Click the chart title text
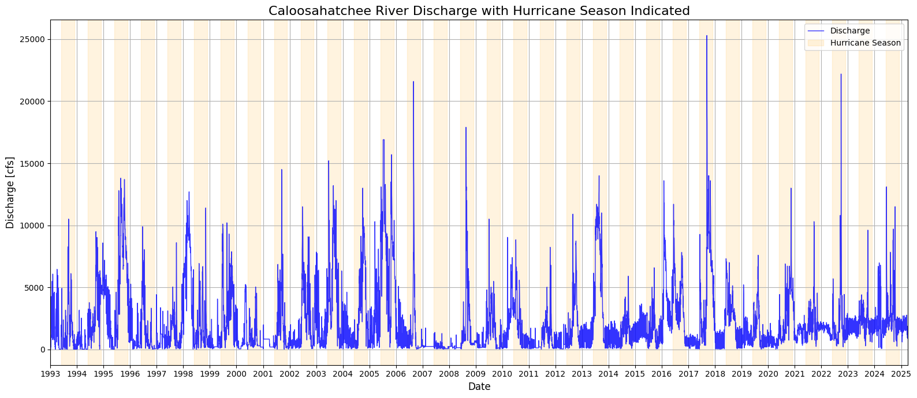tap(479, 11)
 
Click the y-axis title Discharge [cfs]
tap(10, 192)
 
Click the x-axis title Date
tap(479, 386)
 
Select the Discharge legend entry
tap(849, 31)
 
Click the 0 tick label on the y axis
tap(43, 350)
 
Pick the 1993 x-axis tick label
tap(50, 374)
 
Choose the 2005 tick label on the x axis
tap(370, 374)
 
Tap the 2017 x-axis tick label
tap(688, 374)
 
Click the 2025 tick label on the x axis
tap(901, 374)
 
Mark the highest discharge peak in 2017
tap(706, 36)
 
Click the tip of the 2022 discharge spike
tap(841, 74)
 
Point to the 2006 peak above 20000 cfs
tap(413, 82)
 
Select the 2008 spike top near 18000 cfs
tap(466, 127)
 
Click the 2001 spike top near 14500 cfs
tap(281, 170)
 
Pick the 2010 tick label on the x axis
tap(502, 374)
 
